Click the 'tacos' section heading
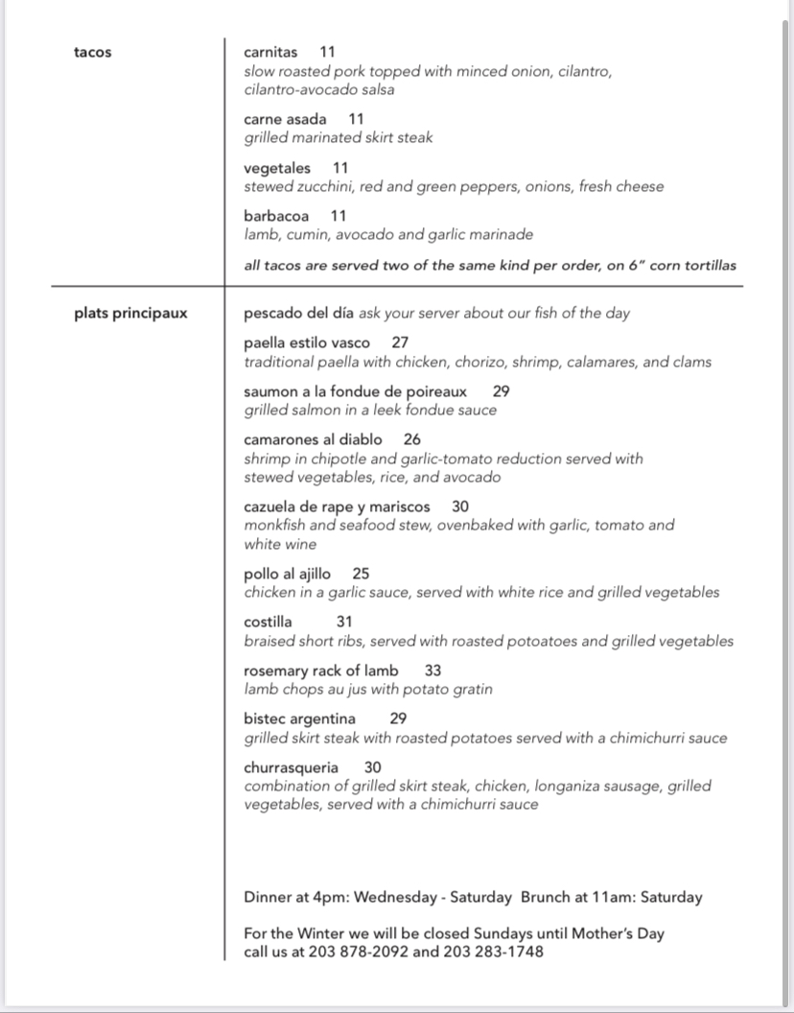tap(92, 53)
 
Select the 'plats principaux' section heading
tap(130, 313)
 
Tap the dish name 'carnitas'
tap(270, 53)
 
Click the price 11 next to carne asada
tap(356, 120)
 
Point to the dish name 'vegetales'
tap(277, 168)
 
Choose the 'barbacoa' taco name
tap(276, 216)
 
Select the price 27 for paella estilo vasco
tap(401, 342)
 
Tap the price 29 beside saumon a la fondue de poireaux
tap(502, 391)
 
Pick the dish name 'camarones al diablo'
tap(313, 439)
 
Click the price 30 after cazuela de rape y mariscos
tap(460, 506)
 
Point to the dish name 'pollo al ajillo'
tap(288, 574)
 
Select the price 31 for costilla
tap(344, 622)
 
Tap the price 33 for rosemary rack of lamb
tap(433, 671)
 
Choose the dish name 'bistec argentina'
tap(299, 719)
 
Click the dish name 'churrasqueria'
tap(291, 767)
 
